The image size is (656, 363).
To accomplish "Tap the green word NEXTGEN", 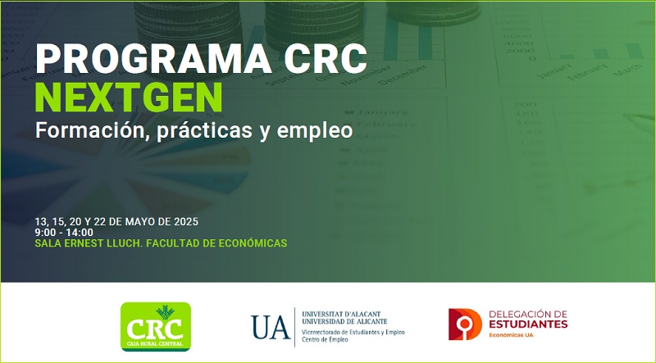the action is pyautogui.click(x=129, y=97).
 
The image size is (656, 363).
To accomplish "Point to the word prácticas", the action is pyautogui.click(x=205, y=131).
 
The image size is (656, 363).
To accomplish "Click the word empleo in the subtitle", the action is pyautogui.click(x=315, y=131).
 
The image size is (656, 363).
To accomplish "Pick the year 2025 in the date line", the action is pyautogui.click(x=184, y=221).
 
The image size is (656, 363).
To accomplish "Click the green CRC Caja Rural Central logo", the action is pyautogui.click(x=156, y=327).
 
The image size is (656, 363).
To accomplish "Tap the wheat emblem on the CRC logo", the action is pyautogui.click(x=165, y=312).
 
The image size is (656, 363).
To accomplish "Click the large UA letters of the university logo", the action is pyautogui.click(x=271, y=327).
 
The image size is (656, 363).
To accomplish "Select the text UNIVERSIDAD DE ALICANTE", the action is pyautogui.click(x=344, y=321).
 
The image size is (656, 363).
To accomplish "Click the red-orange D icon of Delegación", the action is pyautogui.click(x=465, y=324).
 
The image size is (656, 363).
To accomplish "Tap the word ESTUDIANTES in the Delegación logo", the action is pyautogui.click(x=528, y=324).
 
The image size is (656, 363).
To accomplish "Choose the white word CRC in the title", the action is pyautogui.click(x=326, y=58).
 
